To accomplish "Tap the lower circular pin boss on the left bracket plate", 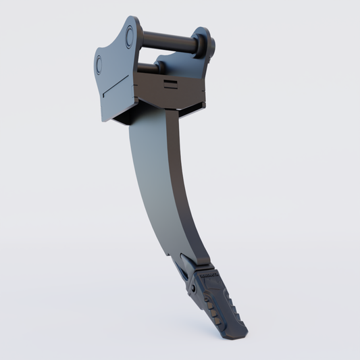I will [100, 66].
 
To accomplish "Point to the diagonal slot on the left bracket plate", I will [115, 86].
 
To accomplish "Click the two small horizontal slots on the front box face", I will [172, 83].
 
